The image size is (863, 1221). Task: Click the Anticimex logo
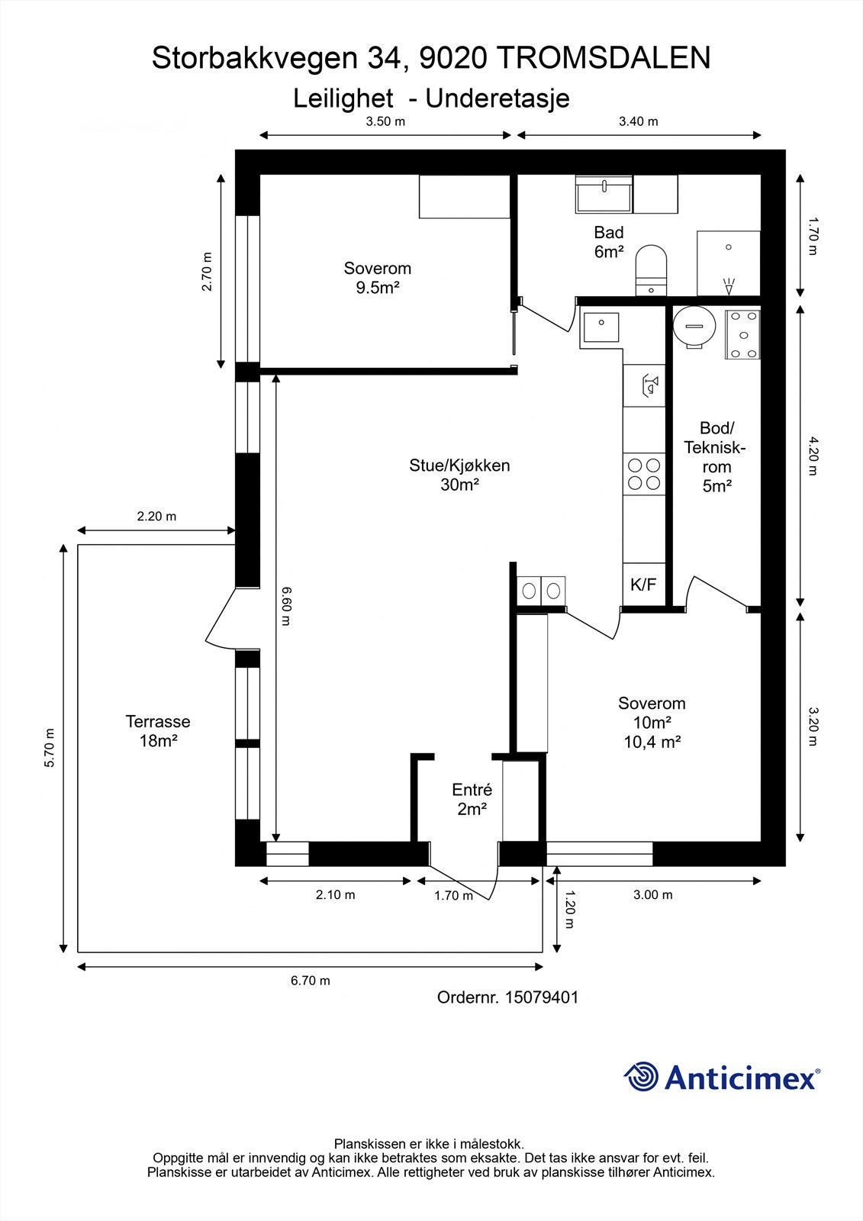pos(722,1077)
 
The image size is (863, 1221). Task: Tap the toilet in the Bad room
pos(652,270)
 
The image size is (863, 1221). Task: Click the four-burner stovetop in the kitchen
pos(644,474)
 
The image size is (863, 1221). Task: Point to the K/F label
pos(643,585)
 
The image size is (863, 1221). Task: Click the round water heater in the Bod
pos(694,326)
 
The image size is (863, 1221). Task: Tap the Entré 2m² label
pos(472,799)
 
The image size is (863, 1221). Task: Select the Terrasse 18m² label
pos(158,731)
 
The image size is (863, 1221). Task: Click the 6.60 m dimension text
pos(287,606)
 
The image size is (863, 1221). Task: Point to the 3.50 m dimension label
pos(385,121)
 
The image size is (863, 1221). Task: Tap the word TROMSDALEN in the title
pos(605,58)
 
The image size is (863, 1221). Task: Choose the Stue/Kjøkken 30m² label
pos(459,475)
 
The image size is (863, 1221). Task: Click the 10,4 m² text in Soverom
pos(652,742)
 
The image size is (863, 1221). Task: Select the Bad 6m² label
pos(609,242)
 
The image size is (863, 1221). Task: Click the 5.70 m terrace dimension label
pos(50,748)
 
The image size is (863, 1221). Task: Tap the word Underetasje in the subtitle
pos(498,98)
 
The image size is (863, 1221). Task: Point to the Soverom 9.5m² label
pos(377,278)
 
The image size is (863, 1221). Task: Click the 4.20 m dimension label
pos(813,456)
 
